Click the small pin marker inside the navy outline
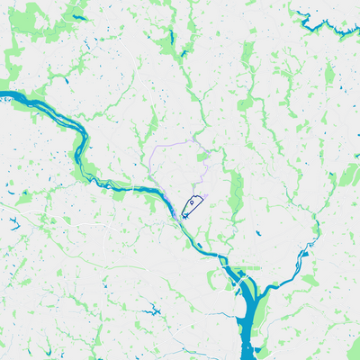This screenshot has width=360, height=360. point(192,203)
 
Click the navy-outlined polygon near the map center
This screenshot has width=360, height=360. point(189,209)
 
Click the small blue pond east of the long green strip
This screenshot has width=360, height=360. point(258,233)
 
